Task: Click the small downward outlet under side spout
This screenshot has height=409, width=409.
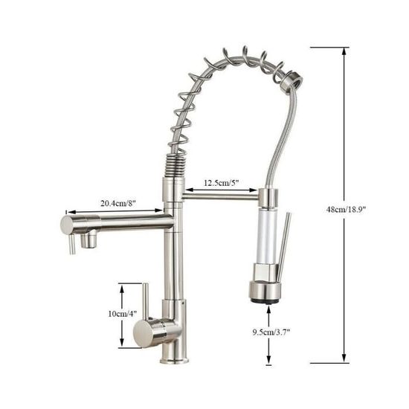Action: (x=89, y=242)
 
